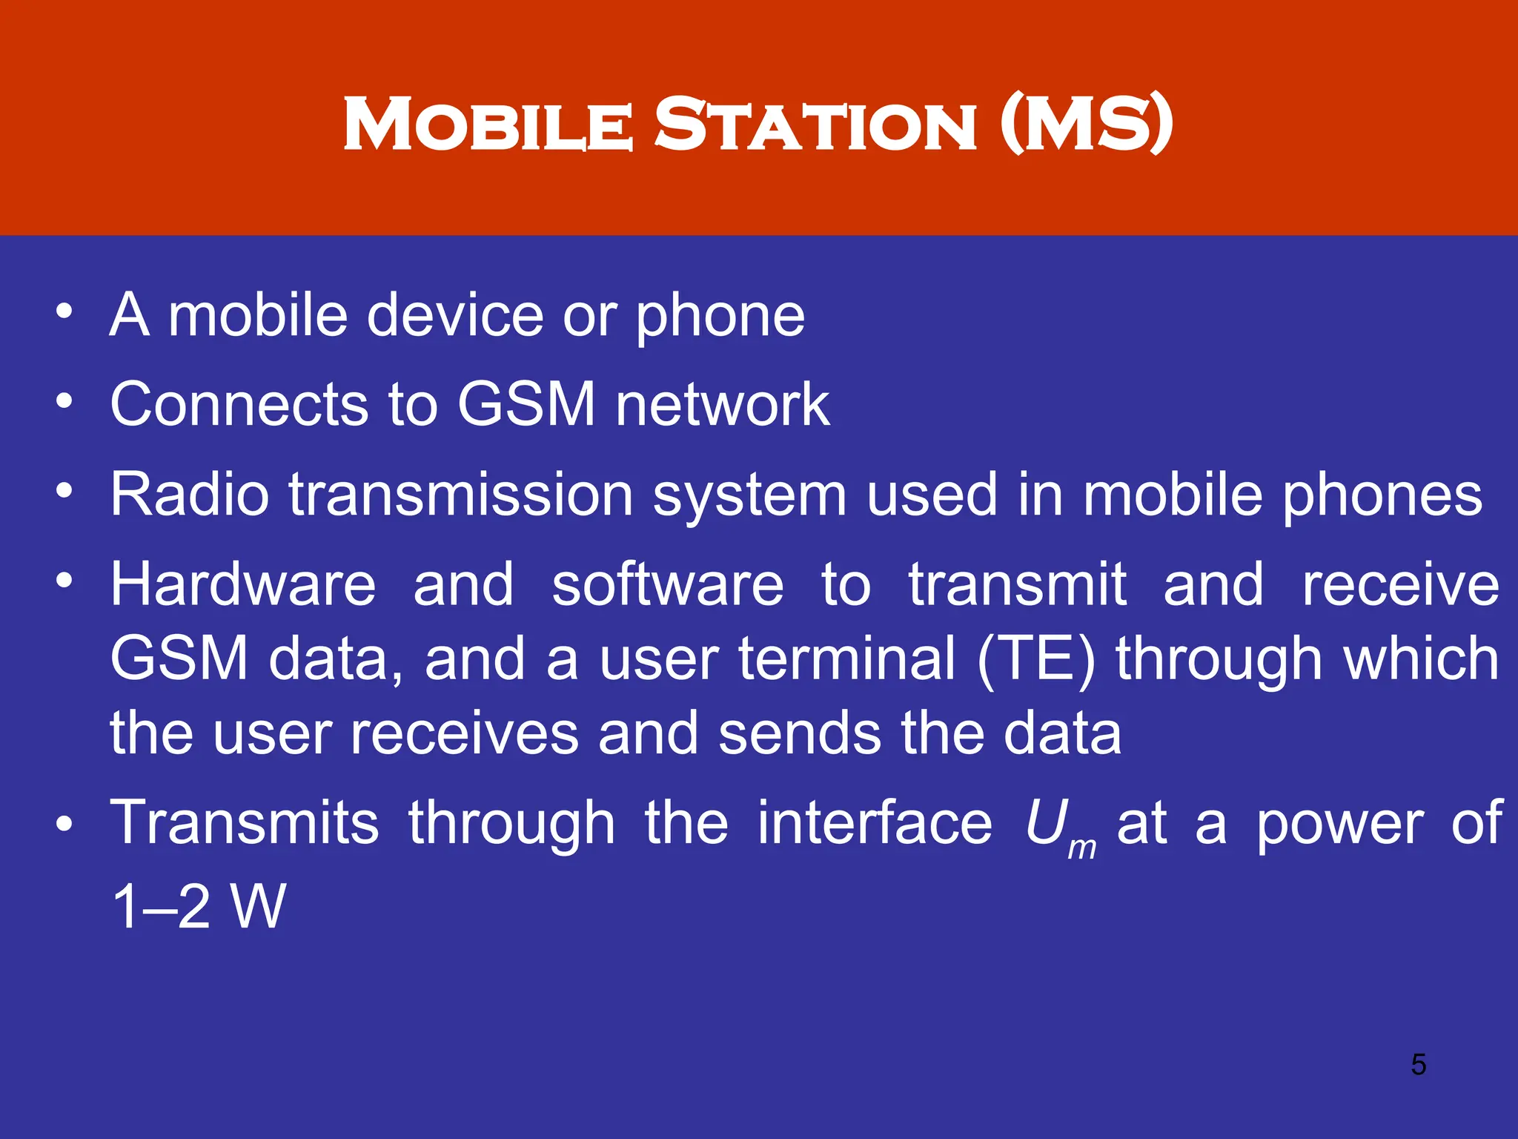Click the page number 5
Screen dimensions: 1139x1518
click(1418, 1064)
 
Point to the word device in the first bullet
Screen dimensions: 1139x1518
click(455, 315)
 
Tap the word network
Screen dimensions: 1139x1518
click(723, 405)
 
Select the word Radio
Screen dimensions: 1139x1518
click(190, 495)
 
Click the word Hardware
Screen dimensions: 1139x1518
click(243, 584)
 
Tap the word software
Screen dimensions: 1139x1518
click(667, 584)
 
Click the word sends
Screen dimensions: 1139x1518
click(800, 734)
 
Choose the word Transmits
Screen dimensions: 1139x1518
click(245, 823)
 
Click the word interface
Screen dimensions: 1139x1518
click(875, 823)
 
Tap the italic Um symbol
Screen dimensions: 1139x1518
click(1060, 828)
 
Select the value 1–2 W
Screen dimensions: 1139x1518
click(198, 906)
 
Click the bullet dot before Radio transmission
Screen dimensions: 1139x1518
click(64, 490)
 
